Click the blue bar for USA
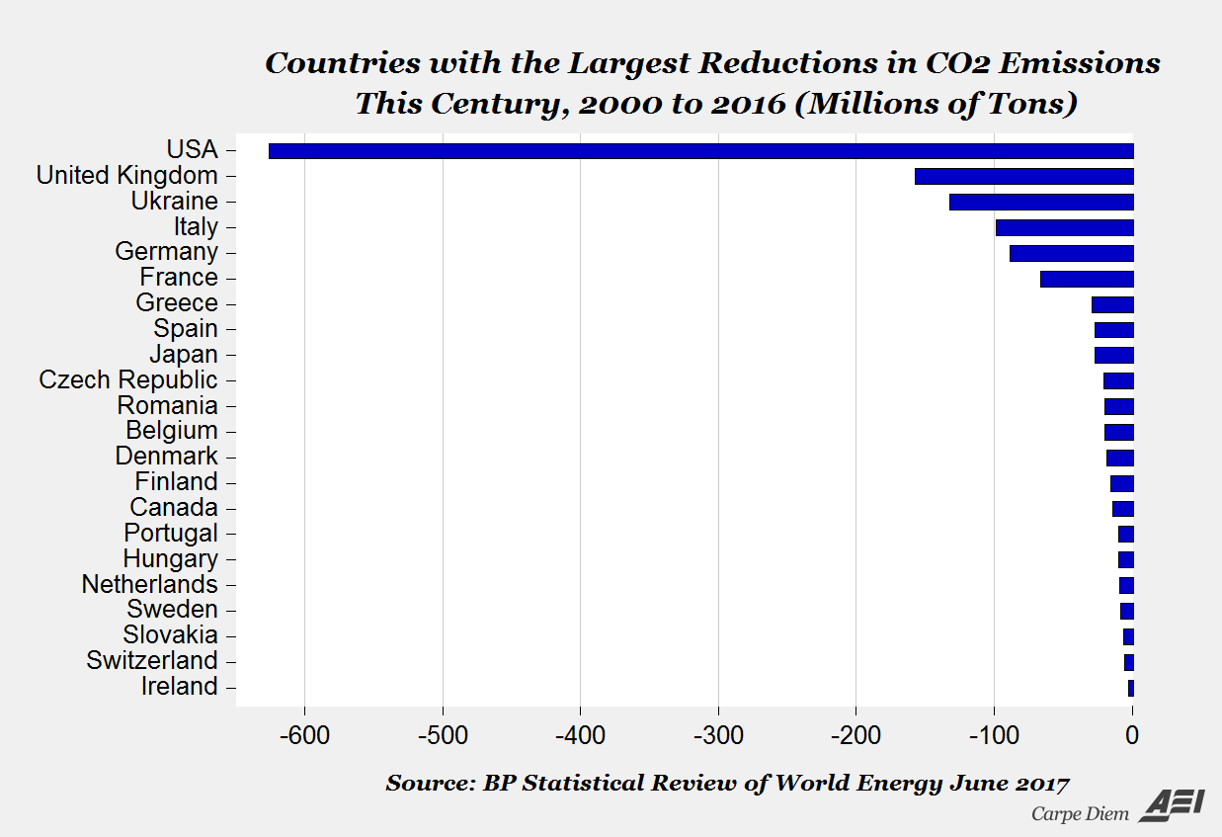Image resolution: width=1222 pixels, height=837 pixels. point(700,151)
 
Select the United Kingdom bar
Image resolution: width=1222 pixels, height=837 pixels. point(1023,177)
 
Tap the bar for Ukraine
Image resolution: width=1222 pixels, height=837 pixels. point(1041,202)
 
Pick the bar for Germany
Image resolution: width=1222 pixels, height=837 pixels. point(1071,253)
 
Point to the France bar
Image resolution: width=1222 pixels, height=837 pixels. point(1087,279)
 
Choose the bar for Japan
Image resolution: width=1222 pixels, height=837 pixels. point(1113,355)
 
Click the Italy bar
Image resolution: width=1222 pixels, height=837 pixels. point(1064,227)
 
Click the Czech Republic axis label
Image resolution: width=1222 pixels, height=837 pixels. point(128,380)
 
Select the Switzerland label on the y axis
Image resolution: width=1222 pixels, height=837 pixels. point(152,661)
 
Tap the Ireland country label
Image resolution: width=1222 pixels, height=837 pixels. point(179,687)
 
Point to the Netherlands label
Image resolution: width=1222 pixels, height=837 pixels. point(149,584)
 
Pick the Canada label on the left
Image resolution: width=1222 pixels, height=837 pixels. point(174,508)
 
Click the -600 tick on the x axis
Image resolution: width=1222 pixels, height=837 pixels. point(304,735)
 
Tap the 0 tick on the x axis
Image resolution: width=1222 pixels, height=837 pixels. point(1132,735)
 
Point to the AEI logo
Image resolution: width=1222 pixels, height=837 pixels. point(1172,805)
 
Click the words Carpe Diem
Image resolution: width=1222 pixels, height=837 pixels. point(1080,814)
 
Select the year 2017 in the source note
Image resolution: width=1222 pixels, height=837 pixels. point(1042,784)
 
